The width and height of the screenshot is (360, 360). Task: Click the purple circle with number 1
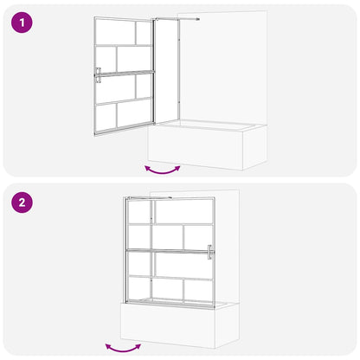(23, 23)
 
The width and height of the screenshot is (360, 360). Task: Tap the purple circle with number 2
(23, 204)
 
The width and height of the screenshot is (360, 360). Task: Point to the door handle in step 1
(99, 75)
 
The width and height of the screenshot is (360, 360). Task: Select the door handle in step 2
(209, 252)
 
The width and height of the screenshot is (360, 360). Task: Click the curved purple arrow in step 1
(163, 168)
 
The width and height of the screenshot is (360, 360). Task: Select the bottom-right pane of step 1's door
(133, 113)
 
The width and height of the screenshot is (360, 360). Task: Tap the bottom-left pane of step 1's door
(106, 117)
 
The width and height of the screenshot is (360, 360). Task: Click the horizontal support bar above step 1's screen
(177, 19)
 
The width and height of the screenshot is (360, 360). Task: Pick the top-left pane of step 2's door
(139, 213)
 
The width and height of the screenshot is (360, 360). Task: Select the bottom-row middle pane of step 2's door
(170, 290)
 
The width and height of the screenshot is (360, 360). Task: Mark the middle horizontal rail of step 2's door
(169, 251)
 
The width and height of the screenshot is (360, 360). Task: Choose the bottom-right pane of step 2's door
(198, 290)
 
